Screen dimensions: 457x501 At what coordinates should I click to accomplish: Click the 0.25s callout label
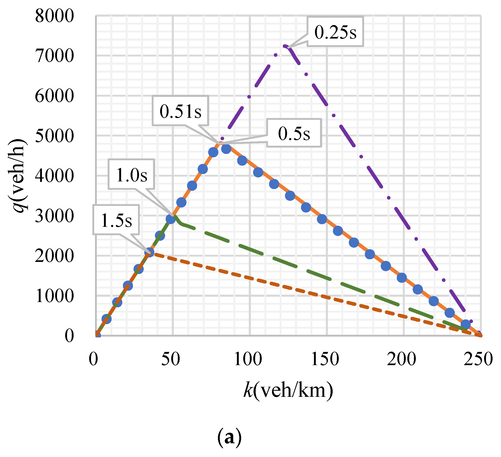tap(335, 32)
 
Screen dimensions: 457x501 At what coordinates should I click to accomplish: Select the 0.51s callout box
tap(180, 111)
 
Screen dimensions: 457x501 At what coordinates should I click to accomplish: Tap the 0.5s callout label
tap(294, 133)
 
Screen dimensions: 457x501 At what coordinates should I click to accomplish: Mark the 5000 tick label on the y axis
tap(54, 136)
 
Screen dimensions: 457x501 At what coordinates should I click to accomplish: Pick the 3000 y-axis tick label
tap(54, 216)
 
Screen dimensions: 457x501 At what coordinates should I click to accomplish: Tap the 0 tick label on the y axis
tap(69, 336)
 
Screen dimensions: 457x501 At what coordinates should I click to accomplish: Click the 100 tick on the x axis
tap(248, 359)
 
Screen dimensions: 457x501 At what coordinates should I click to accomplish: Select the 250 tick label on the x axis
tap(478, 359)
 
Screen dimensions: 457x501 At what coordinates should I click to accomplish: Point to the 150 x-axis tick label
tap(325, 359)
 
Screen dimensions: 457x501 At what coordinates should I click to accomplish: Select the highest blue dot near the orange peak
tap(226, 149)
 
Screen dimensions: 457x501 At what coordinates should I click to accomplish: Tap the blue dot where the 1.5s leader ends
tap(149, 252)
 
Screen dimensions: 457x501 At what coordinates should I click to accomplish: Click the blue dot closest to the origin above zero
tap(106, 319)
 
